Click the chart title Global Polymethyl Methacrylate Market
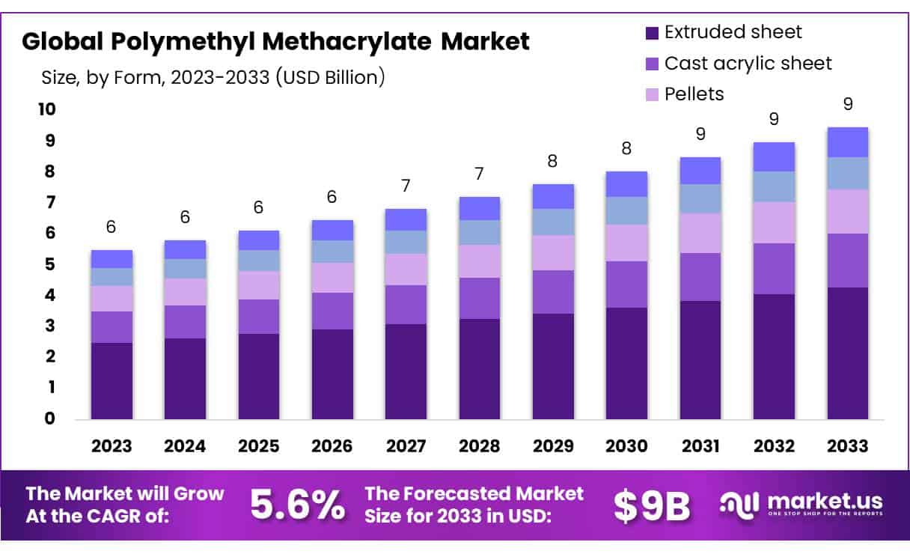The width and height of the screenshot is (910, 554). click(275, 41)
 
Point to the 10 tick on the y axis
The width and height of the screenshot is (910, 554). click(46, 110)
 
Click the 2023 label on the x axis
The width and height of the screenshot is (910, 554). click(112, 446)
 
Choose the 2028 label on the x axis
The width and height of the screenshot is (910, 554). click(480, 446)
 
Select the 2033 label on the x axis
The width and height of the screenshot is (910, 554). click(848, 446)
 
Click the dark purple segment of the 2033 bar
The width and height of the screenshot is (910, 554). click(848, 353)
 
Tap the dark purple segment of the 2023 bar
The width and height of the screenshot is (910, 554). click(112, 380)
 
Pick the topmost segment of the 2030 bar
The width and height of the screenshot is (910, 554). click(626, 184)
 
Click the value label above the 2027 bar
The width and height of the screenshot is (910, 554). click(406, 186)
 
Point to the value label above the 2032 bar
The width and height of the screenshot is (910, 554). click(775, 119)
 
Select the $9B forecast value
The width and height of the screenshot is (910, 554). click(651, 506)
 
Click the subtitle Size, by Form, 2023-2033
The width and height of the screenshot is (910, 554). click(213, 77)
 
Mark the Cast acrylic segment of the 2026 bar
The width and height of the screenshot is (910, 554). click(332, 311)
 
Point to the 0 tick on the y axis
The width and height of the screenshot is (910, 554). click(49, 418)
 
